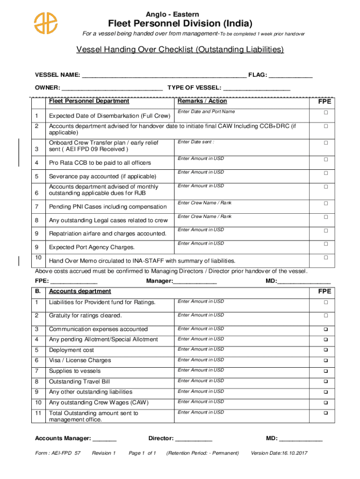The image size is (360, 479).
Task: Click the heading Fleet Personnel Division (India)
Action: coord(180,23)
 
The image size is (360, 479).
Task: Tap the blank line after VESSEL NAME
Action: coord(164,75)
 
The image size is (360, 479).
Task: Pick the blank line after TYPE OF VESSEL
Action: coord(257,88)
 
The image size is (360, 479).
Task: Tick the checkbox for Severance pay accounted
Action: coord(326,173)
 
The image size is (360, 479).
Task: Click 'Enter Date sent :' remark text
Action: coord(196,142)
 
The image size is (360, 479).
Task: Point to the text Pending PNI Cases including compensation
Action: coord(108,207)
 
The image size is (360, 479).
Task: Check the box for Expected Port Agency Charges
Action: coord(326,244)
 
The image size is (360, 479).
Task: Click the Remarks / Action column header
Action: coord(202,101)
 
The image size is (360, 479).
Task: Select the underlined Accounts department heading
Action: coord(80,291)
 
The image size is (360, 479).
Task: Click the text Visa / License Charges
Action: coord(80,361)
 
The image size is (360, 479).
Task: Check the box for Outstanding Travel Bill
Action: coord(326,382)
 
